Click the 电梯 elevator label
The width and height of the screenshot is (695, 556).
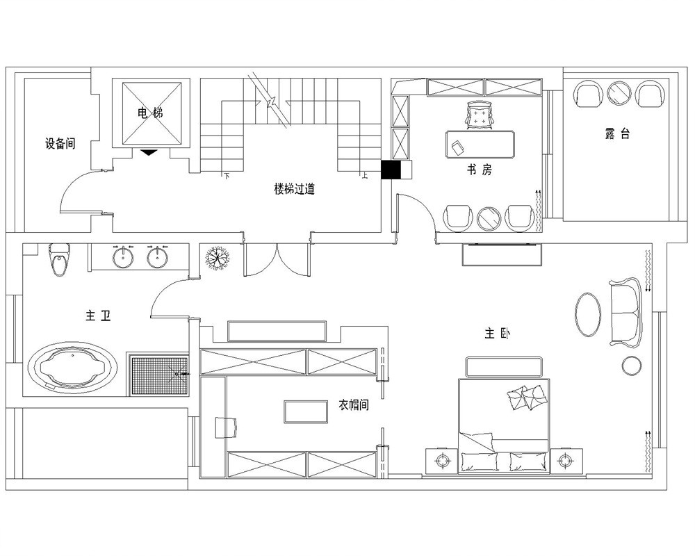click(x=150, y=113)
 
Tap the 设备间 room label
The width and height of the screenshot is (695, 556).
click(x=60, y=144)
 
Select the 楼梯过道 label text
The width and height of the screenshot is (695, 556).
click(x=294, y=189)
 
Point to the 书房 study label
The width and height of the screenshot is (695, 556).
click(x=479, y=170)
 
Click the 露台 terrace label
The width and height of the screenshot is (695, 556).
click(x=617, y=133)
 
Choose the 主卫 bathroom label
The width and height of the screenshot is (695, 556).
click(x=98, y=316)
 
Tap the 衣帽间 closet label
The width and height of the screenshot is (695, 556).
click(x=353, y=404)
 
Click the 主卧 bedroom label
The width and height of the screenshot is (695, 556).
click(x=498, y=333)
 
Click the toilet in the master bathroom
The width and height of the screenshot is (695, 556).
click(x=59, y=259)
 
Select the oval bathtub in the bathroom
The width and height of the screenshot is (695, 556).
click(x=73, y=368)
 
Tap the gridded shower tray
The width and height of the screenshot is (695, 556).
click(x=160, y=375)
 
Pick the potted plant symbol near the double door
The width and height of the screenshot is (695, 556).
click(x=218, y=257)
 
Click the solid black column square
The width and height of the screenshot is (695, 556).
click(x=391, y=170)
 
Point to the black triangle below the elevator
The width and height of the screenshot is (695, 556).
click(x=149, y=152)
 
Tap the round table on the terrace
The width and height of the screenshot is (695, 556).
click(x=619, y=93)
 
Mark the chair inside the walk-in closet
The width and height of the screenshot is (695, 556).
click(x=226, y=427)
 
